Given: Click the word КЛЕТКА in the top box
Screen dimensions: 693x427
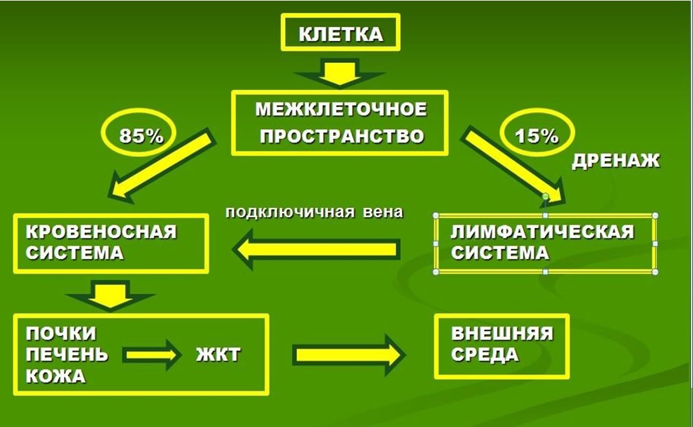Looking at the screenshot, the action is pos(341,34).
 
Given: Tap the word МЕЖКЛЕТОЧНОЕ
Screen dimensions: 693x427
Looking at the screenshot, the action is pos(341,110).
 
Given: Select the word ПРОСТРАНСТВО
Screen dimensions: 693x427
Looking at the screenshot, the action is pos(342,137).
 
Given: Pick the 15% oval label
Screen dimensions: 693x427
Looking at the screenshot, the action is pos(537,132).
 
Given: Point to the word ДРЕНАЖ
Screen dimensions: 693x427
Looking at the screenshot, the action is pos(616,161).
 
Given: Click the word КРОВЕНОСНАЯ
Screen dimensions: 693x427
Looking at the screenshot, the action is pos(101,232).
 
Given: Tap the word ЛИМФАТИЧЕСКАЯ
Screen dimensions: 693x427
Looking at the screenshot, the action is pos(543,232).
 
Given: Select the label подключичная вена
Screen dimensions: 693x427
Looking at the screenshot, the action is pos(314,213).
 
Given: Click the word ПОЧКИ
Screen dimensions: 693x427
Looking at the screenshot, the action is pos(61,334).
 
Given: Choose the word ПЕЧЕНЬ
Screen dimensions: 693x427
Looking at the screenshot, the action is pos(67,354).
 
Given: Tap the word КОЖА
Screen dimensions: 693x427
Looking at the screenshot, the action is pos(56,376).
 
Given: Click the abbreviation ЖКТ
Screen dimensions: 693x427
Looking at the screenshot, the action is pos(218,354).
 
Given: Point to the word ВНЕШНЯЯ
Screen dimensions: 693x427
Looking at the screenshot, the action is pos(502,334).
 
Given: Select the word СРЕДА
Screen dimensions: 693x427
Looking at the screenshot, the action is pos(485,355).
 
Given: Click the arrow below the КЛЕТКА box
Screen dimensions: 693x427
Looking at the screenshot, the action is pos(340,73).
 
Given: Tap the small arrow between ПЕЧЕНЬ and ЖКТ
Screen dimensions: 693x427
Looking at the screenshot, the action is pos(152,354).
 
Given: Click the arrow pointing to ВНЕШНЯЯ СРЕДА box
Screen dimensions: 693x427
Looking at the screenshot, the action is pos(349,354).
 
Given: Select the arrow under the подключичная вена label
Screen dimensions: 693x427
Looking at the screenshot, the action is pos(316,249).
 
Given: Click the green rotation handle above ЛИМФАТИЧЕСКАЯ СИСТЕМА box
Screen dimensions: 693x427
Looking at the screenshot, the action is pos(545,196).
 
